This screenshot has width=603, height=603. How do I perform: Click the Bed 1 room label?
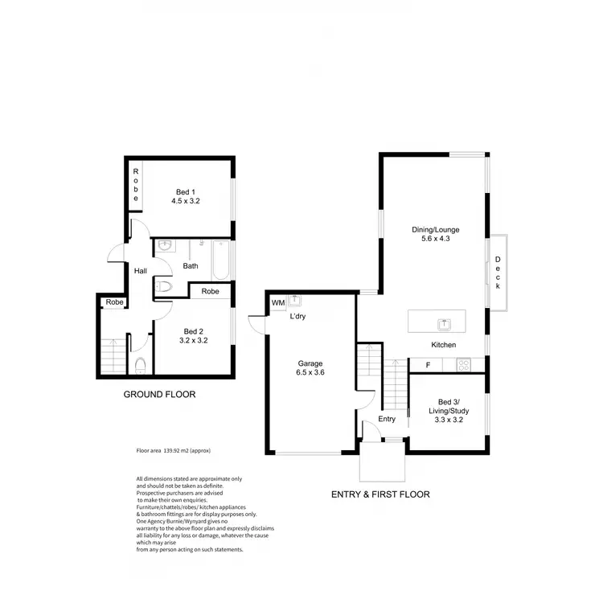click(185, 191)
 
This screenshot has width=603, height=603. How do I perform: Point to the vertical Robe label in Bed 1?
click(136, 185)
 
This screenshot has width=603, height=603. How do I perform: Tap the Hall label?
click(141, 271)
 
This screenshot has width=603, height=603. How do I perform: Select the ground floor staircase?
click(113, 354)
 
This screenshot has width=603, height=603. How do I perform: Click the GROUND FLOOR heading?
click(159, 395)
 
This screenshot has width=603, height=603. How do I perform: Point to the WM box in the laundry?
click(278, 302)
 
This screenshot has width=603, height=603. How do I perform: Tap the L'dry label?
click(298, 316)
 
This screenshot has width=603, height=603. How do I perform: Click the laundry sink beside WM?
click(295, 301)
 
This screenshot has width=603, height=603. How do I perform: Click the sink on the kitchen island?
click(443, 323)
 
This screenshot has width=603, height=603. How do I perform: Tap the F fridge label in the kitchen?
click(428, 365)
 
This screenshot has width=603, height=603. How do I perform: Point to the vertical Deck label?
click(498, 273)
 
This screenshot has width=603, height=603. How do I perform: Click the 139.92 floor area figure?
click(175, 452)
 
